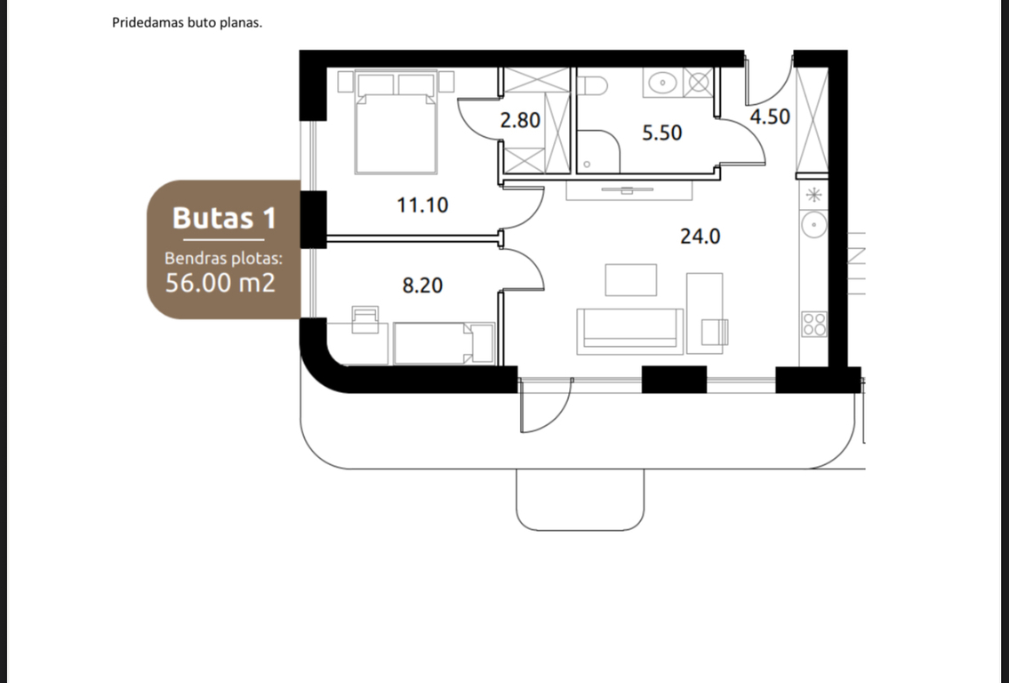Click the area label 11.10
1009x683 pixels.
422,205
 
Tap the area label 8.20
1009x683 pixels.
422,285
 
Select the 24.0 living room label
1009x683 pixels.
701,237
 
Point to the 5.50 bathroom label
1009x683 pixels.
661,133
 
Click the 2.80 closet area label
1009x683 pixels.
520,120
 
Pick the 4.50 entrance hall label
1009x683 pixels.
770,117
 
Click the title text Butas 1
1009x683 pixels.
224,218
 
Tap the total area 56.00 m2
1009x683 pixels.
220,283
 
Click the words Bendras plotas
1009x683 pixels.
223,258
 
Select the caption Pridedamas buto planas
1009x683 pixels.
188,22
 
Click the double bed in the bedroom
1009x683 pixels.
396,123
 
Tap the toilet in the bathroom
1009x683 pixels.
593,85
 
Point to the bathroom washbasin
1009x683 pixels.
662,83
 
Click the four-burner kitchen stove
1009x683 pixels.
814,324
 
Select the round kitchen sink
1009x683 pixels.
814,225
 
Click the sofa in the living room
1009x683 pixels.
629,331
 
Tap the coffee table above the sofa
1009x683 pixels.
630,280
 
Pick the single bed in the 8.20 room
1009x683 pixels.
444,343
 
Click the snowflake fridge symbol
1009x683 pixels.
814,195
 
